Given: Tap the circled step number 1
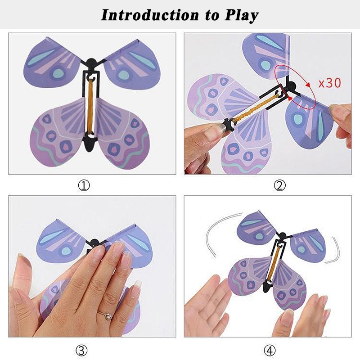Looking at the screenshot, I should [84, 185].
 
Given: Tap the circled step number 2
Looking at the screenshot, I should [280, 185].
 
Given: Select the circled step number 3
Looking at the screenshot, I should [84, 350].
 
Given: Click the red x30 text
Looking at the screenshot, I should [329, 83].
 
